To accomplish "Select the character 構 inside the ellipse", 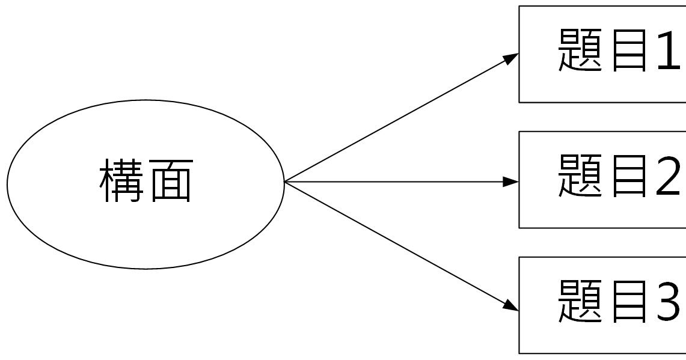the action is pyautogui.click(x=120, y=180).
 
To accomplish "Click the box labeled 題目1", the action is pyautogui.click(x=602, y=90).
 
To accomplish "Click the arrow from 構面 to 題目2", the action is pyautogui.click(x=397, y=182).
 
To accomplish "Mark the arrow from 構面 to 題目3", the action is pyautogui.click(x=397, y=245).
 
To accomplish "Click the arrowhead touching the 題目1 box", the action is pyautogui.click(x=511, y=58).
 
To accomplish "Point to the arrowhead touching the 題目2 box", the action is pyautogui.click(x=511, y=182).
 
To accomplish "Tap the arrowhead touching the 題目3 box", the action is pyautogui.click(x=511, y=305).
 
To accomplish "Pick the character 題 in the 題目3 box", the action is pyautogui.click(x=581, y=301).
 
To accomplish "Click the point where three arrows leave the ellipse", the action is pyautogui.click(x=285, y=182).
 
